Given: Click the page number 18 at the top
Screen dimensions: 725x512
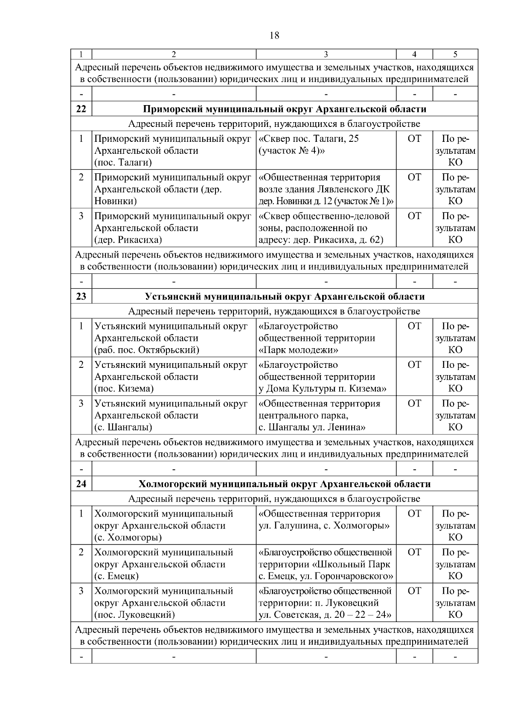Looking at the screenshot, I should (x=274, y=35).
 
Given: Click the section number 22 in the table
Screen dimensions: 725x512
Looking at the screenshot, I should (x=81, y=109).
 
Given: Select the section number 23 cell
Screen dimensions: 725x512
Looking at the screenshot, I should (x=81, y=296).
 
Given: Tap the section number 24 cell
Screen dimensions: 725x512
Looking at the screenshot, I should (x=81, y=484).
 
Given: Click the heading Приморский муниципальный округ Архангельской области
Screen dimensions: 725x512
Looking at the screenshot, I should (x=285, y=109).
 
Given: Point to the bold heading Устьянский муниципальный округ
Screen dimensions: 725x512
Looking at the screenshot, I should (x=285, y=296).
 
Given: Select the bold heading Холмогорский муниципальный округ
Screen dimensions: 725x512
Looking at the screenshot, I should (x=285, y=484).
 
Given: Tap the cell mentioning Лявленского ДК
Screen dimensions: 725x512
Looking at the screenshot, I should (x=326, y=189).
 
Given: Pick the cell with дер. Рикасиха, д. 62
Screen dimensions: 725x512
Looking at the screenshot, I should (x=326, y=228).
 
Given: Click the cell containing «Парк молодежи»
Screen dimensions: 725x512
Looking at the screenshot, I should (x=326, y=338).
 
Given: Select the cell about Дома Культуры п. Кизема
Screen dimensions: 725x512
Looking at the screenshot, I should (x=326, y=376).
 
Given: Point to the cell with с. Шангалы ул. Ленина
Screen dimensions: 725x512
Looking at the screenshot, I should (x=326, y=415).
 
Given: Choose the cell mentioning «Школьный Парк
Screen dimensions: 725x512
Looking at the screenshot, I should (x=326, y=564).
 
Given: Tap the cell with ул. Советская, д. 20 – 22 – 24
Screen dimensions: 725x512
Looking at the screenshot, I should (x=326, y=603).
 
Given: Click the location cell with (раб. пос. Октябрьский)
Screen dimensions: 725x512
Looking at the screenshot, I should (x=174, y=338).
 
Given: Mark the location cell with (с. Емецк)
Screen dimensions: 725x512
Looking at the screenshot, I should (x=174, y=564).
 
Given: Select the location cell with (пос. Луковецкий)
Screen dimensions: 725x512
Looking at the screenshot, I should (x=174, y=603).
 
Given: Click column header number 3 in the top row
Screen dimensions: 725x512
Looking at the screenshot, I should (x=326, y=54).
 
